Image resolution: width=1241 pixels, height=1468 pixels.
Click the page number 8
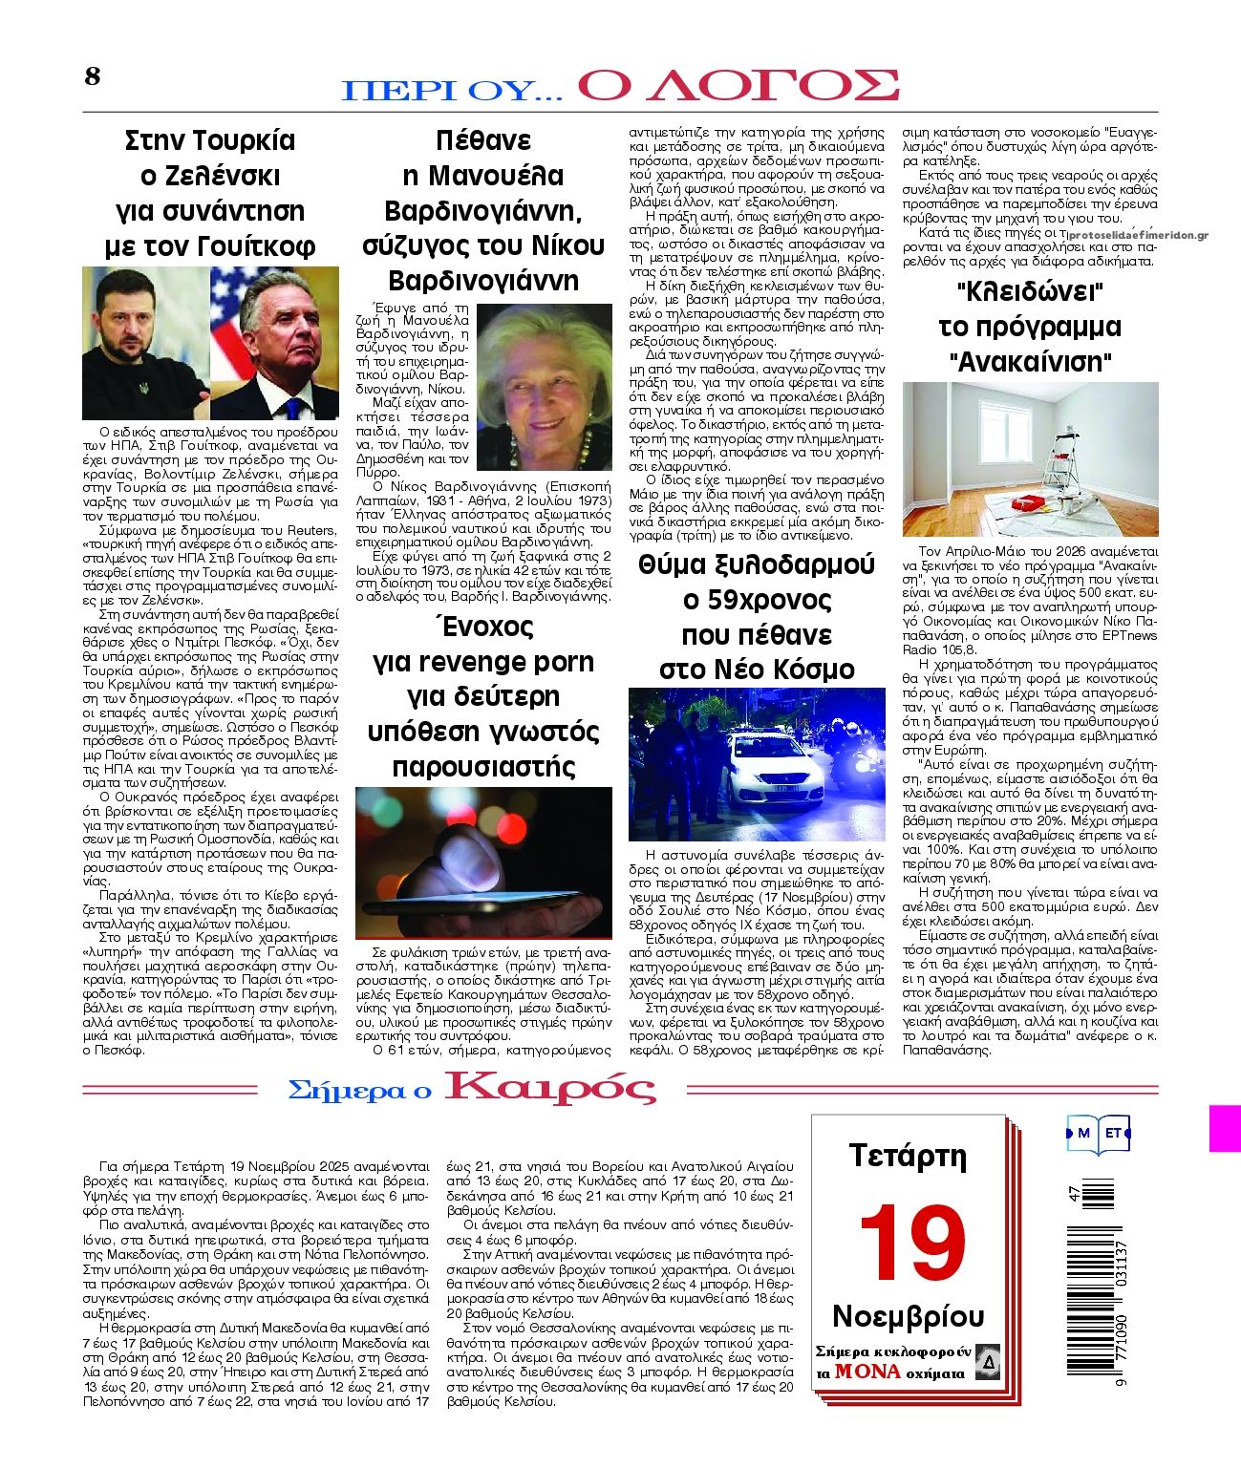(x=92, y=76)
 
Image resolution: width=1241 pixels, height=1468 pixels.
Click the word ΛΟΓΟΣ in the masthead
(x=738, y=85)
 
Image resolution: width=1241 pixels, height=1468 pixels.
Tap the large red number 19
(x=912, y=1243)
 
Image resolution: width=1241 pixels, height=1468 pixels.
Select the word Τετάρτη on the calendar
(x=908, y=1157)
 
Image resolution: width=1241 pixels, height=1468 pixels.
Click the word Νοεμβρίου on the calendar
(x=908, y=1315)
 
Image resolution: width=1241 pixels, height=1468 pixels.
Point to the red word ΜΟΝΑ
(x=867, y=1372)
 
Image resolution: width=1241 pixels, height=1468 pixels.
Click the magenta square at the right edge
(x=1225, y=1128)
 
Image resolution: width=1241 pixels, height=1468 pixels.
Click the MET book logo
(x=1098, y=1134)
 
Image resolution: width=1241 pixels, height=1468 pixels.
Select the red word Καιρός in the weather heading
(x=551, y=1088)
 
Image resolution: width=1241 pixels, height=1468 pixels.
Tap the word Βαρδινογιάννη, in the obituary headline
(x=482, y=210)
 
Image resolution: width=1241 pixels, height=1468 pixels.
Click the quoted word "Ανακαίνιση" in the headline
(x=1031, y=363)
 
